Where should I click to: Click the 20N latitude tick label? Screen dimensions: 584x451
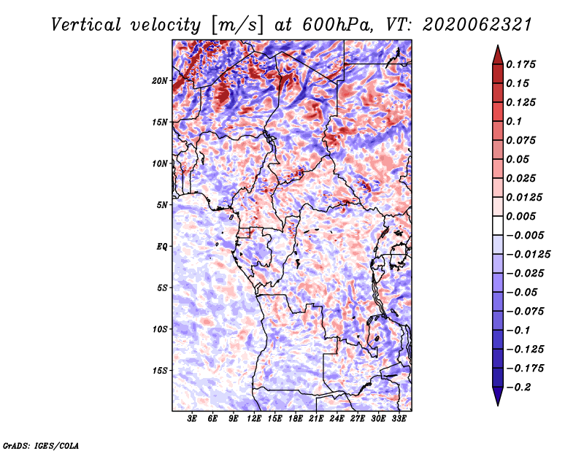pos(159,81)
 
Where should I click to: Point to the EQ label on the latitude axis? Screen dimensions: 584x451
pos(161,247)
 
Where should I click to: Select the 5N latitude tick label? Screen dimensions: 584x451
pos(162,205)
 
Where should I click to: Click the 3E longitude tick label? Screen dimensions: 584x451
pos(192,419)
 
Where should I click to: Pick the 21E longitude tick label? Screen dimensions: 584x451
pos(316,419)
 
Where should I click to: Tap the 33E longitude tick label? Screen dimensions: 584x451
pos(399,419)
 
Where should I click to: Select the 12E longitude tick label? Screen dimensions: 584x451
pos(254,419)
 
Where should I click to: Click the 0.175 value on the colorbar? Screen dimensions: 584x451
pos(520,64)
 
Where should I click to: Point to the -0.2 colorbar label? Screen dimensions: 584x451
pos(518,388)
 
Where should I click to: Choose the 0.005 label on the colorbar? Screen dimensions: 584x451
pos(520,216)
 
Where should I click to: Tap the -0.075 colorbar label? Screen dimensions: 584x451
pos(525,312)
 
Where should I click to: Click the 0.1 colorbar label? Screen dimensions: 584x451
pos(514,121)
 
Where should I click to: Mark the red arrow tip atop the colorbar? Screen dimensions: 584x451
pos(498,45)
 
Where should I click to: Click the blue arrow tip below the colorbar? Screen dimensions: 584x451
pos(498,405)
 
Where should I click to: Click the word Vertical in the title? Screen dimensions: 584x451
pos(86,25)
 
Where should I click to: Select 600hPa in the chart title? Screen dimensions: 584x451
pos(337,25)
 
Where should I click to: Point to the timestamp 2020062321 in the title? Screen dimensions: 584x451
pos(477,25)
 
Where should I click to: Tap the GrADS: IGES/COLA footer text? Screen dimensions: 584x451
pos(41,445)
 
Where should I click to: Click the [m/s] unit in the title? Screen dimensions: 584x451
pos(238,26)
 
